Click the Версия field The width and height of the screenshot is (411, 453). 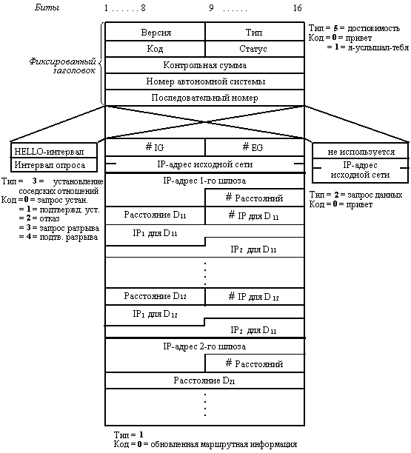155,32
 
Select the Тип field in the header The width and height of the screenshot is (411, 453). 255,32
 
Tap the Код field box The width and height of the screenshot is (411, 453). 155,49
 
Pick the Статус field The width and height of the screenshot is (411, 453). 255,49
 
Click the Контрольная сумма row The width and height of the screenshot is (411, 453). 204,64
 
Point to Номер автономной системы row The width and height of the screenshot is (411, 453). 204,81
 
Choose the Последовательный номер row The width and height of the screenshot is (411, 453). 204,98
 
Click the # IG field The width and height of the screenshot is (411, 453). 155,147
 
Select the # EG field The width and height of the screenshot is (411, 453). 255,147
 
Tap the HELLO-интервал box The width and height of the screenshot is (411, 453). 54,150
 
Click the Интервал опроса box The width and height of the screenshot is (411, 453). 54,165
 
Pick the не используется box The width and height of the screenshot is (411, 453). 361,151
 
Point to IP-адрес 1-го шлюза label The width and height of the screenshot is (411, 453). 204,181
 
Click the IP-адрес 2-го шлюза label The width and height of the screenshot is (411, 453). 204,346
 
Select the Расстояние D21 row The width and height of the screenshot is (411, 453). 204,380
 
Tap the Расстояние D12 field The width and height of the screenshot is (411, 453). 155,296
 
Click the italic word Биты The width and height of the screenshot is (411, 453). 47,7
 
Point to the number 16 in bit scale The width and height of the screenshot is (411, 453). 298,8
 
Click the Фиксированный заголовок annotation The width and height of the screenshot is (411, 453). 62,66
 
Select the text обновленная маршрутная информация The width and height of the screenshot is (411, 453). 224,444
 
